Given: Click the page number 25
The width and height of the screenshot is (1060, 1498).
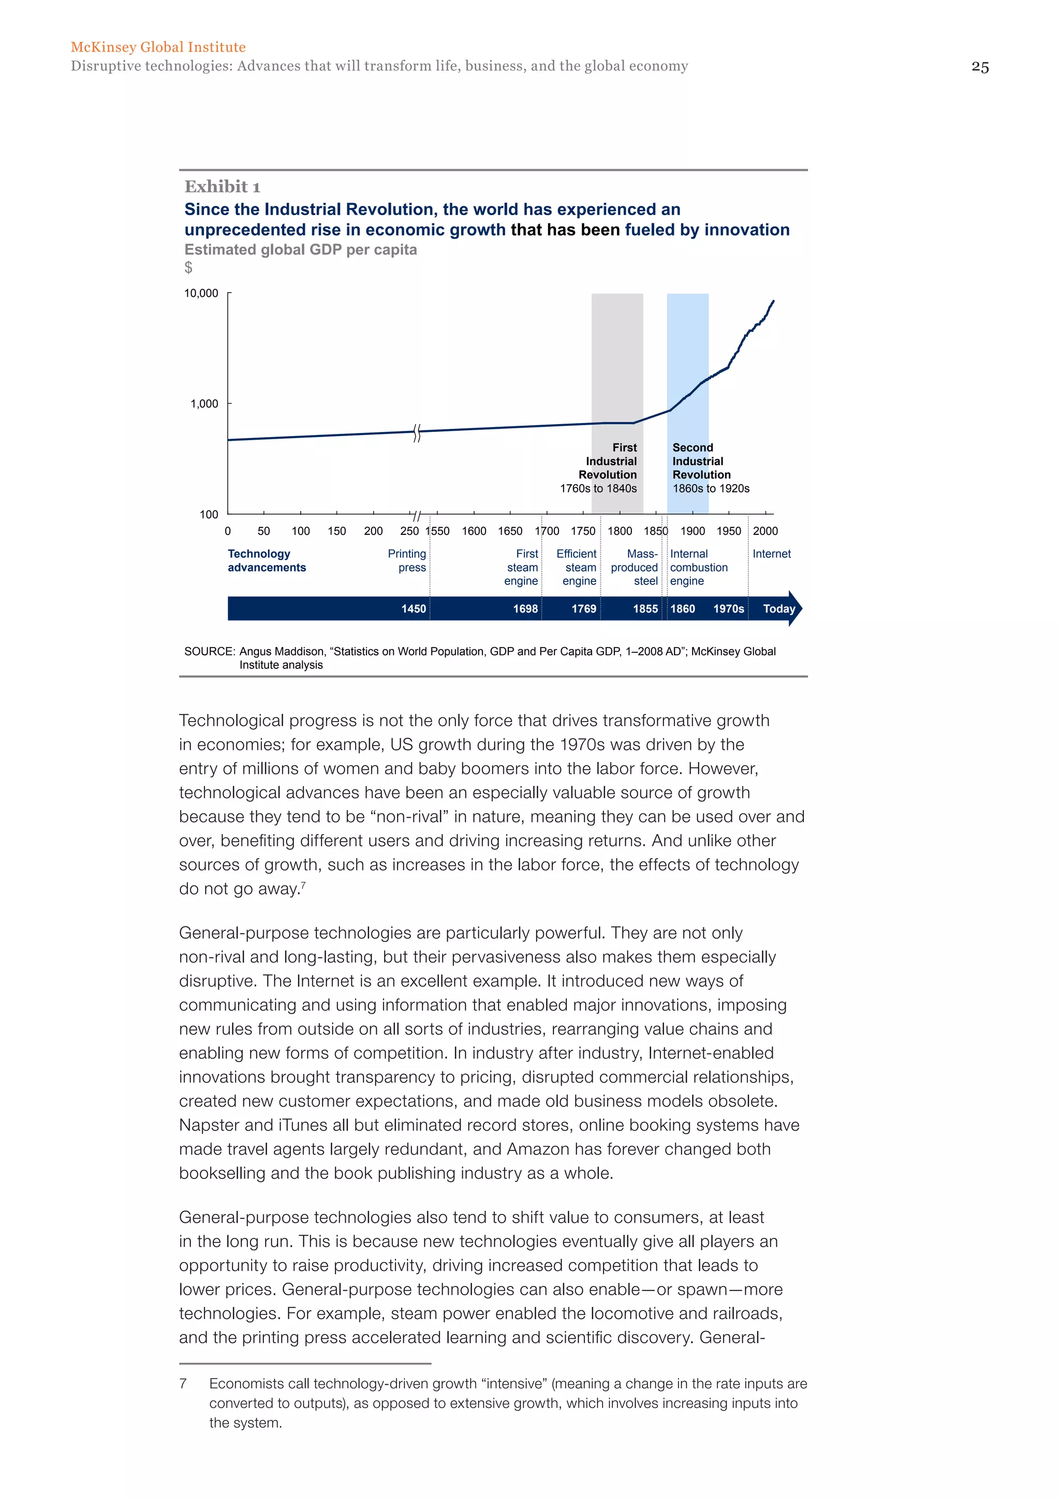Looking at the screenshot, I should click(980, 67).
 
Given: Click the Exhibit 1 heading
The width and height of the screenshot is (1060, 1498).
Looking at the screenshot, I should click(222, 187).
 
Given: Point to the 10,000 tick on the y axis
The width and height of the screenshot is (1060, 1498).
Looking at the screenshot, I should click(201, 294).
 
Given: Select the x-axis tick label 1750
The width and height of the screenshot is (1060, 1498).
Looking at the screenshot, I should click(583, 531).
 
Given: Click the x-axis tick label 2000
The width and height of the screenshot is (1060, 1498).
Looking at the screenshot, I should click(765, 531).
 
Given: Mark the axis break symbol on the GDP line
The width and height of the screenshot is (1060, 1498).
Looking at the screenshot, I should click(417, 432).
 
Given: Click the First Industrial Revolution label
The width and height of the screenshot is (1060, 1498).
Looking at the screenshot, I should click(608, 461).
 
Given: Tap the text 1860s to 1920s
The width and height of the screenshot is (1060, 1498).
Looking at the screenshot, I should click(711, 489).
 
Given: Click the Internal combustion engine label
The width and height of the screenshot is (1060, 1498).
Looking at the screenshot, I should click(698, 567).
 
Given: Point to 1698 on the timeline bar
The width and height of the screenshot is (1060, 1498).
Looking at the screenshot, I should click(525, 609).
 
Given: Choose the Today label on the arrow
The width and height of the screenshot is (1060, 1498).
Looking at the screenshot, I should click(778, 609).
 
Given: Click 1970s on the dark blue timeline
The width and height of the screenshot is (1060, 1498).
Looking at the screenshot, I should click(728, 609).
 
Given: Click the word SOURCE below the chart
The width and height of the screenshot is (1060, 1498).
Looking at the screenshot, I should click(209, 651).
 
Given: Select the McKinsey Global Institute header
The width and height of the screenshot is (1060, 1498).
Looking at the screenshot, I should click(158, 47).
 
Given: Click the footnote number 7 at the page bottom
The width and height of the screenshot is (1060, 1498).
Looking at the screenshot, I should click(183, 1384).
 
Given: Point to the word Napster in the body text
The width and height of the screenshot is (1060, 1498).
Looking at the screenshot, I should click(208, 1126).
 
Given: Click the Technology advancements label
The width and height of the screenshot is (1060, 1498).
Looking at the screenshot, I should click(267, 560).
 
